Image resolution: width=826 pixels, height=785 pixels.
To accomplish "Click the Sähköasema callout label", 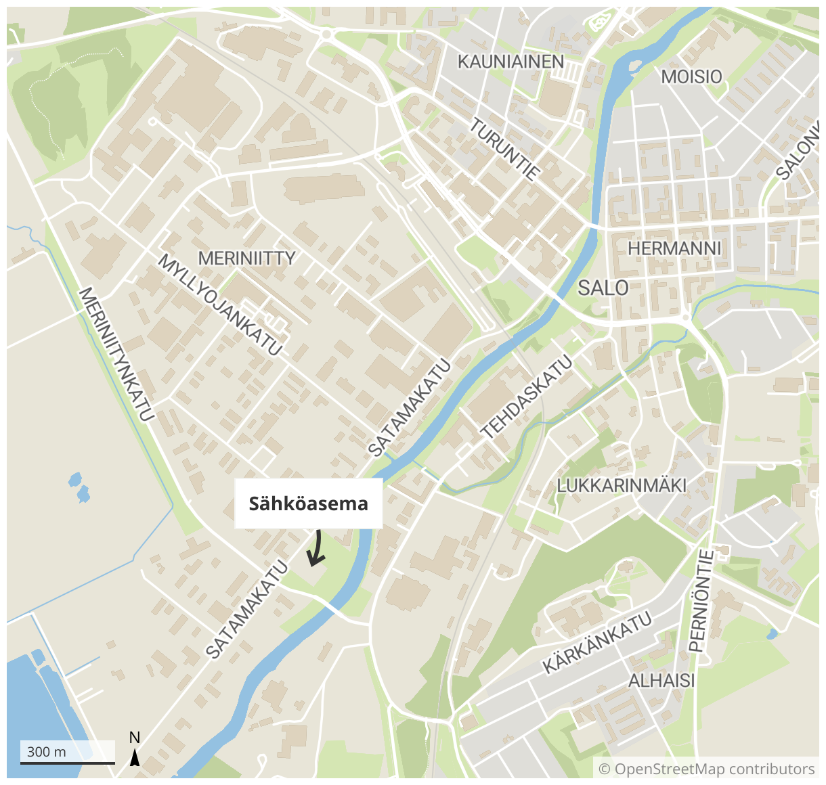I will [309, 503].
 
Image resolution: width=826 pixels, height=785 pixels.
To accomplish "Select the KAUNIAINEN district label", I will [510, 62].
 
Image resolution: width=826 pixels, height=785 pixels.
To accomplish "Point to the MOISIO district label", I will [691, 76].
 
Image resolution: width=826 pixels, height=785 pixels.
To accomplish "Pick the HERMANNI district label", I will [674, 248].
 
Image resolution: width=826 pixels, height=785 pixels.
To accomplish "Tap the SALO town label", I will [603, 288].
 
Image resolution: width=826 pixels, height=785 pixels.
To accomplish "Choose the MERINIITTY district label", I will [246, 258].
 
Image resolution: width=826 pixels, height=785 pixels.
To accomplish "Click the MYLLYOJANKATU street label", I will [220, 305].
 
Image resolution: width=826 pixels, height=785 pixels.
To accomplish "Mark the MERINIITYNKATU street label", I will [116, 354].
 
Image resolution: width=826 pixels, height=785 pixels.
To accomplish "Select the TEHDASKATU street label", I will [526, 396].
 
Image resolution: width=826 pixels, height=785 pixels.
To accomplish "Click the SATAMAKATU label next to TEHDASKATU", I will [409, 407].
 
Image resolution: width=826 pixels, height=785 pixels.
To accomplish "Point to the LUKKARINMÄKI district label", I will [622, 485].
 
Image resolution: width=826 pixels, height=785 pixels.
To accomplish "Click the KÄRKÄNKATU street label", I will [597, 642].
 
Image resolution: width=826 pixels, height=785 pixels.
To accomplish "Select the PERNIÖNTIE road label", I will [701, 601].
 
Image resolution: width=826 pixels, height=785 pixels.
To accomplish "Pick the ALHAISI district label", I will [661, 680].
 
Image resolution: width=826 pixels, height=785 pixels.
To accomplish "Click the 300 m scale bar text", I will [47, 751].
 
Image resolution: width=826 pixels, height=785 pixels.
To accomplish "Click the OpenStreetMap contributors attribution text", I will [707, 769].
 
